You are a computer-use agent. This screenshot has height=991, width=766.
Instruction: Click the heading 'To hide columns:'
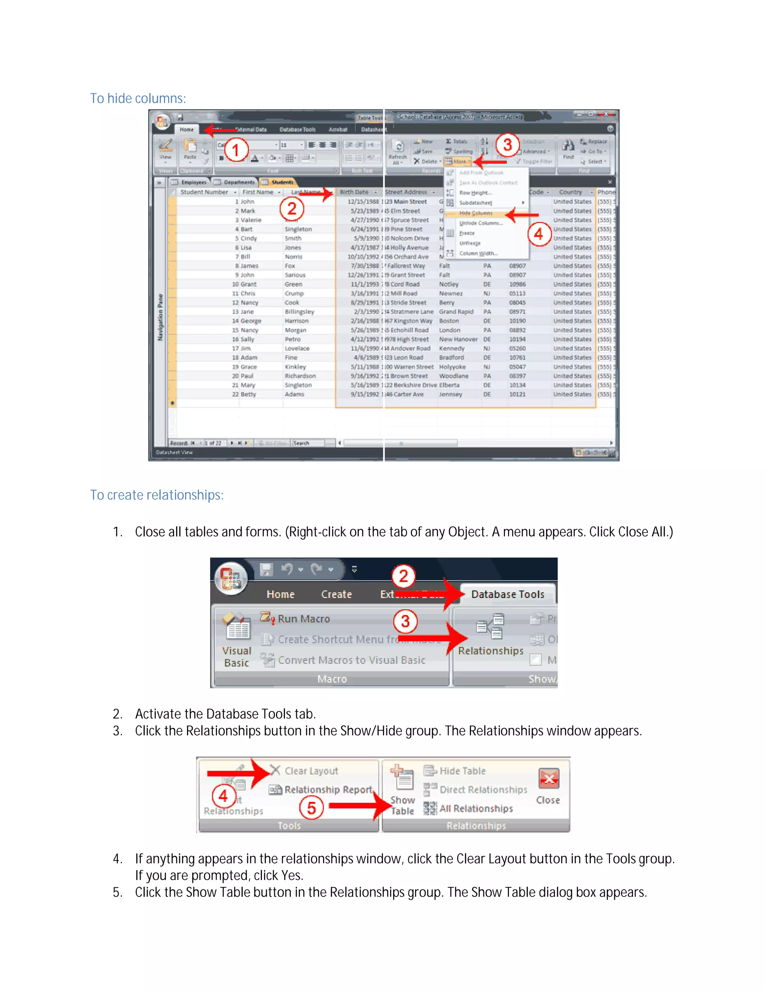click(x=138, y=98)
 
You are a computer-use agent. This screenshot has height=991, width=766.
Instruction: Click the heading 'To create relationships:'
click(x=157, y=495)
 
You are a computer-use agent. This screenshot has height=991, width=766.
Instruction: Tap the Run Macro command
click(x=303, y=619)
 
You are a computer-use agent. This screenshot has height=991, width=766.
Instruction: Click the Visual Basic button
click(x=236, y=640)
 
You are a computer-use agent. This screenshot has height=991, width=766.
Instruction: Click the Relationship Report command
click(x=328, y=789)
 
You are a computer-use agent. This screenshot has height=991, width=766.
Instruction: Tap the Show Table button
click(x=402, y=792)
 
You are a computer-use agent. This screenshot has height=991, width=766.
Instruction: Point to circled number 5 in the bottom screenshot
click(x=311, y=808)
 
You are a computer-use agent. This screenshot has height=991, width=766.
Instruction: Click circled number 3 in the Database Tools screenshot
click(x=405, y=621)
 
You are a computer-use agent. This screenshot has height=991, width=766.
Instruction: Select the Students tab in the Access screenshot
click(x=282, y=182)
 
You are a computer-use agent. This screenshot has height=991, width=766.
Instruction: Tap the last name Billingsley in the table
click(x=299, y=312)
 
